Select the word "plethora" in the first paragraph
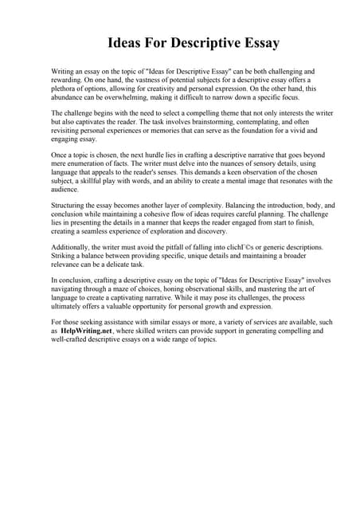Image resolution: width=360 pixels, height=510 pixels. (67, 89)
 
